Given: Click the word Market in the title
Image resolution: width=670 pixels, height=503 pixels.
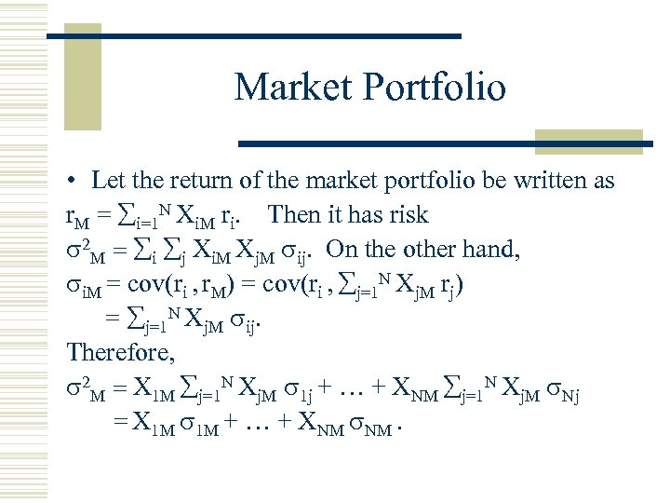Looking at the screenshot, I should tap(288, 87).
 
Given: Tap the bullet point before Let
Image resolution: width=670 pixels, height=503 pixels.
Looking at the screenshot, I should tap(71, 181).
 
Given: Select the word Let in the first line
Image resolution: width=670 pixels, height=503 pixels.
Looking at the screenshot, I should tap(108, 180).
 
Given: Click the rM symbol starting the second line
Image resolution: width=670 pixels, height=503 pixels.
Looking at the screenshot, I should tap(76, 216).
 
